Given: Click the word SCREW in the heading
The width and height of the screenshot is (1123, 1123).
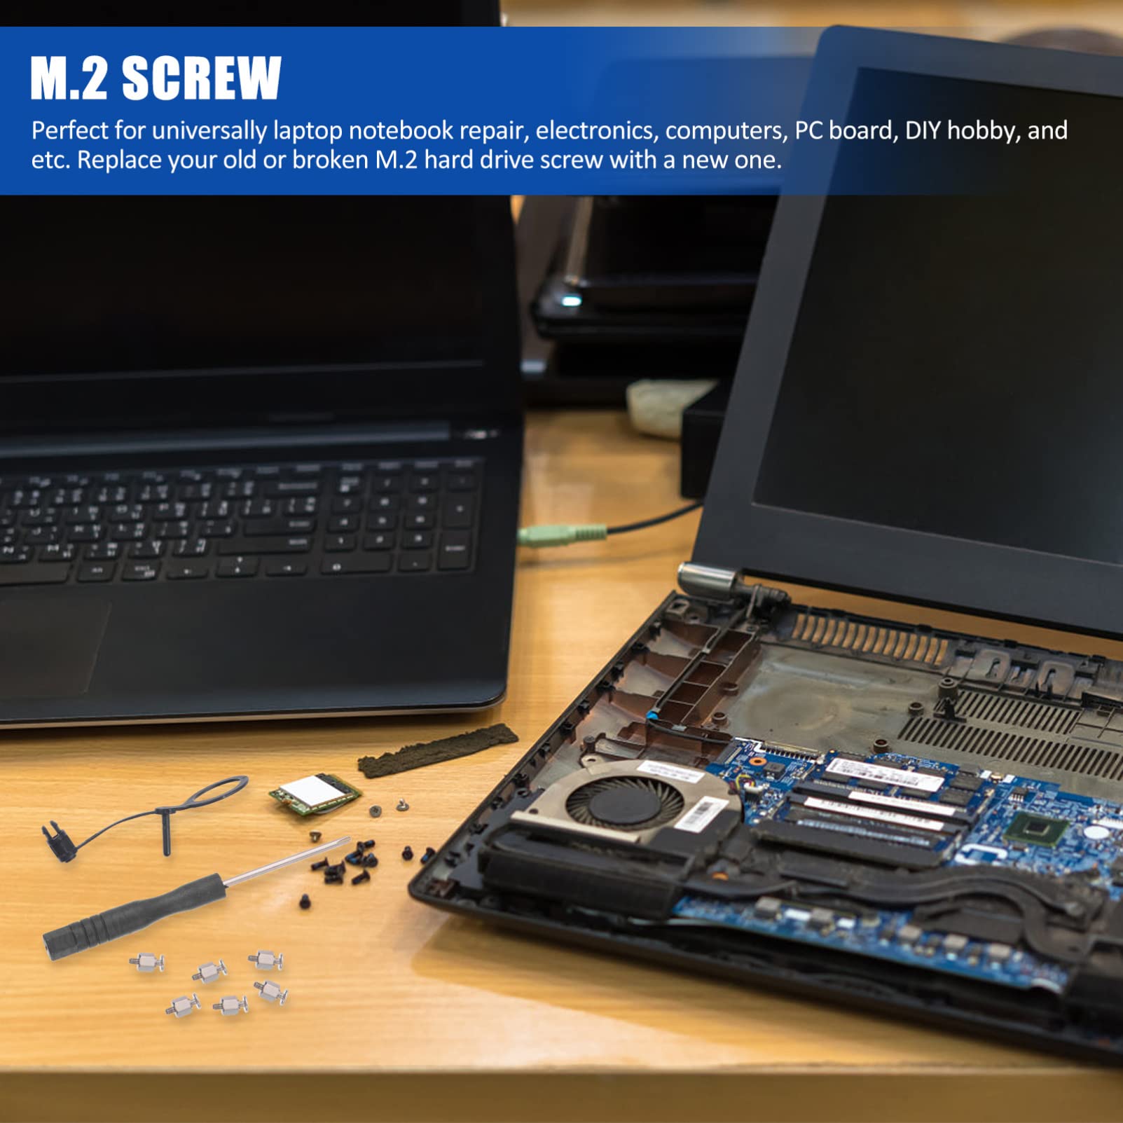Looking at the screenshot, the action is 202,78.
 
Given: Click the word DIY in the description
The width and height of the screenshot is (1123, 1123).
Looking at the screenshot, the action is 923,130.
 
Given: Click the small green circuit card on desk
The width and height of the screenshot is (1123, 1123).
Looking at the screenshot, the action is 315,794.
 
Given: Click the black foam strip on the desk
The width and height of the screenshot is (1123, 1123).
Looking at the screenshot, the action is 438,750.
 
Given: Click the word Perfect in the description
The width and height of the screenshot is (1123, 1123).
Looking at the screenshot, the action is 70,131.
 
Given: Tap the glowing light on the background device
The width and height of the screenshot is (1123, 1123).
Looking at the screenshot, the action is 572,301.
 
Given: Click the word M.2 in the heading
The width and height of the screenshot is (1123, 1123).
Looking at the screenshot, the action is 69,78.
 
